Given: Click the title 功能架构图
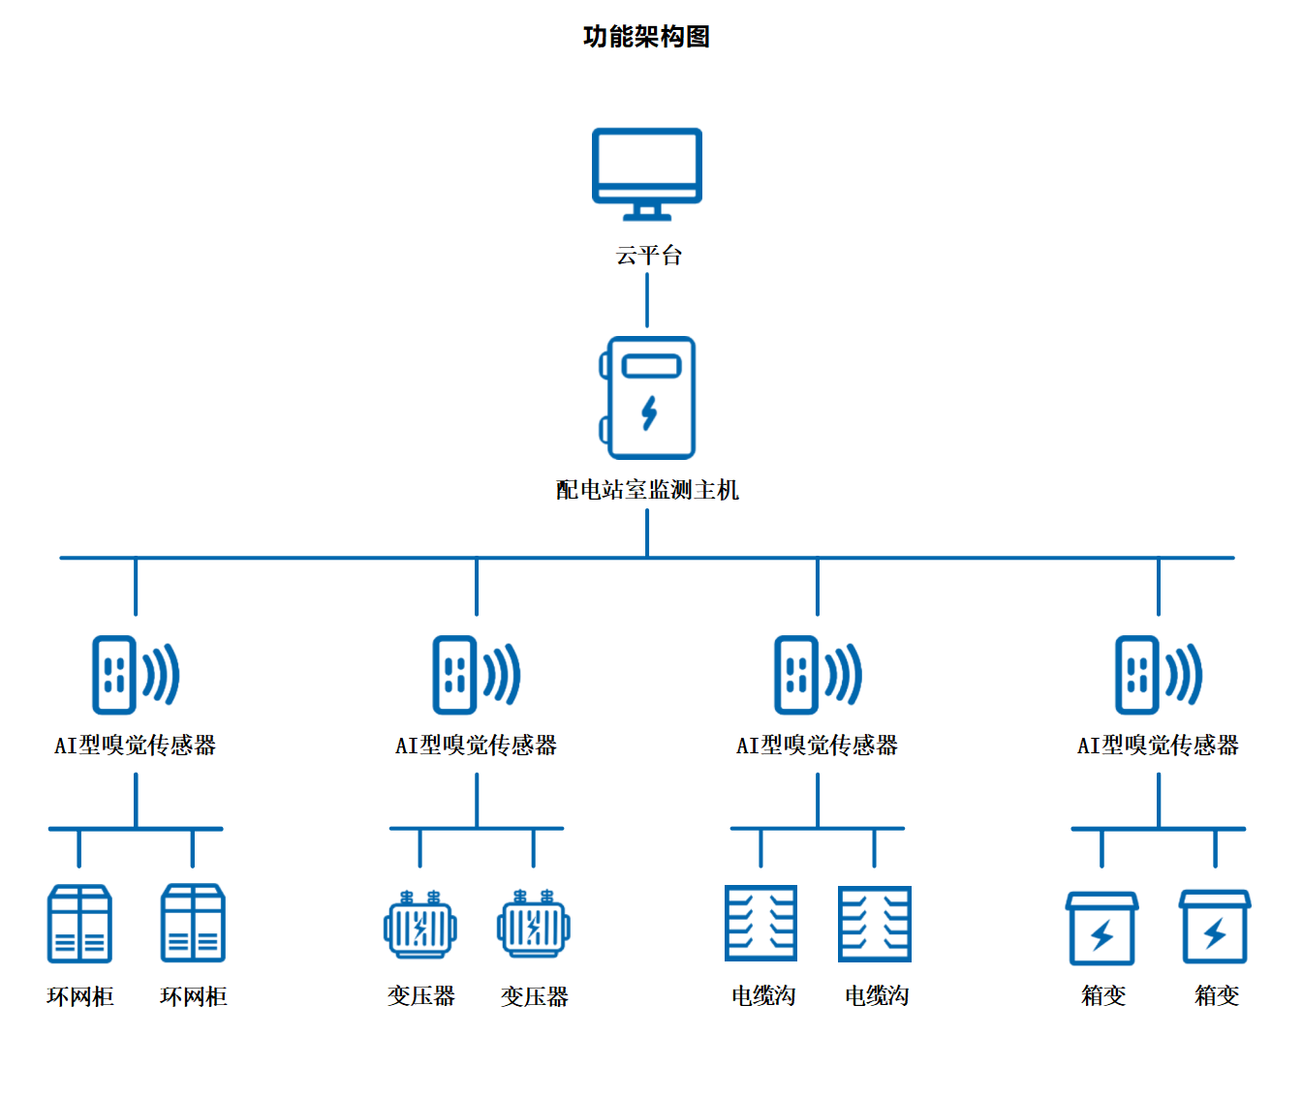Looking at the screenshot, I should pyautogui.click(x=646, y=37).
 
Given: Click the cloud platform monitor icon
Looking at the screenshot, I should pyautogui.click(x=647, y=171).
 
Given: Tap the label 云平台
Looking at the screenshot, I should pyautogui.click(x=648, y=256).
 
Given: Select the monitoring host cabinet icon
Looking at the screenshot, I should pyautogui.click(x=649, y=397).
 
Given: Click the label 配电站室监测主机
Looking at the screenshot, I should pyautogui.click(x=647, y=490).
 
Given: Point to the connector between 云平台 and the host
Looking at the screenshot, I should pyautogui.click(x=647, y=300).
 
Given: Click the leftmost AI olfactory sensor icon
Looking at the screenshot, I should pyautogui.click(x=135, y=675).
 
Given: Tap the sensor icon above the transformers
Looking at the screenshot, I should pyautogui.click(x=476, y=675).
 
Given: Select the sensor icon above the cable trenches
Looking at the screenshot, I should pyautogui.click(x=817, y=675).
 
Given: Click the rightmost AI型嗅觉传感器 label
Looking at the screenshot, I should pyautogui.click(x=1158, y=745).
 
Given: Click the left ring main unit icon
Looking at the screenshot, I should pyautogui.click(x=79, y=924).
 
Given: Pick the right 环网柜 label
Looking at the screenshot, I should pyautogui.click(x=193, y=996).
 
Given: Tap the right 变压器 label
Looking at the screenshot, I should pyautogui.click(x=534, y=996).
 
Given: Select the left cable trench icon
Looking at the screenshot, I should pyautogui.click(x=760, y=924).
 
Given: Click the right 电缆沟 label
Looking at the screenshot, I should pyautogui.click(x=876, y=996).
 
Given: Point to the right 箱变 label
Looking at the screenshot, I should pyautogui.click(x=1216, y=995).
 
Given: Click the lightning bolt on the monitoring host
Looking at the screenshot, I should pyautogui.click(x=649, y=412).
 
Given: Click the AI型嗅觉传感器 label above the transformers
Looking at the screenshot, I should pyautogui.click(x=476, y=745).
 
